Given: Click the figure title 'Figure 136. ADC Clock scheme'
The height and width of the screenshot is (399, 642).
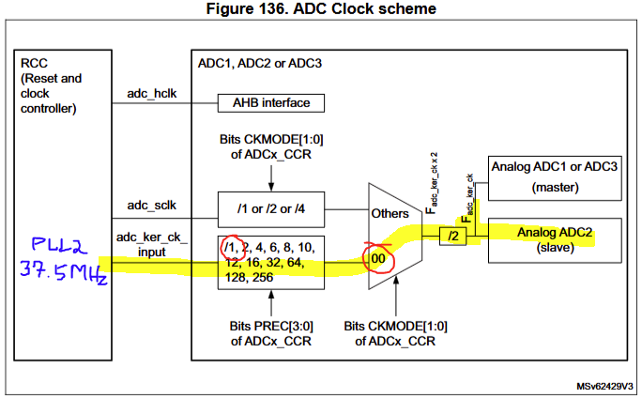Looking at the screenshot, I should pos(320,9).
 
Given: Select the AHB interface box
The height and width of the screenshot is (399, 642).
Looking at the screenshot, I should pos(271,102).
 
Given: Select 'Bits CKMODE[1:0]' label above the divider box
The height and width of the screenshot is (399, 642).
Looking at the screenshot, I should pos(271,146).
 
